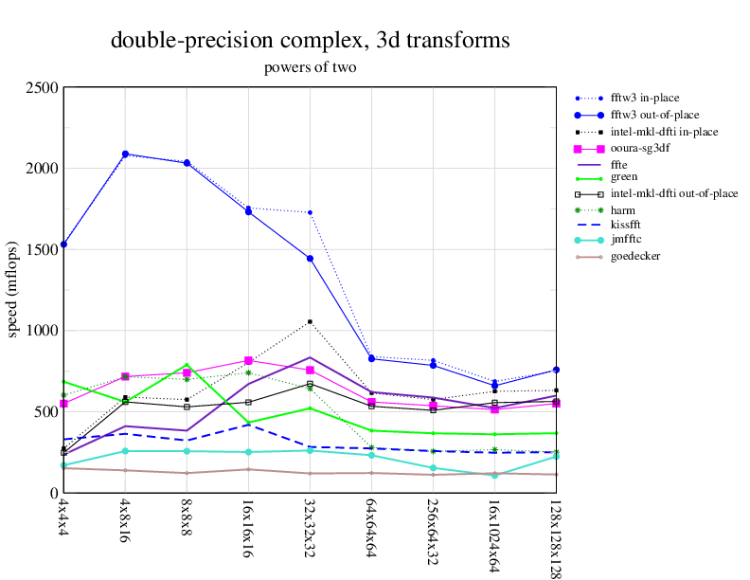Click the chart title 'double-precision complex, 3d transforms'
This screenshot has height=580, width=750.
[x=310, y=41]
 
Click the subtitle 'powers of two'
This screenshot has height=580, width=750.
[x=310, y=68]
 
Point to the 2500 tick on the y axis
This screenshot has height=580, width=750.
[x=43, y=88]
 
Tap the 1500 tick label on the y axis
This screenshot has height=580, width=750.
[x=43, y=250]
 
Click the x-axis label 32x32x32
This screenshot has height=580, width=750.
[x=310, y=530]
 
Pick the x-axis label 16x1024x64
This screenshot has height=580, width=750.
[x=494, y=535]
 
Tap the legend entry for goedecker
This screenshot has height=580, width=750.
[x=635, y=256]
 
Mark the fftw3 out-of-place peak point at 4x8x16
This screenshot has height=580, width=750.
[x=125, y=154]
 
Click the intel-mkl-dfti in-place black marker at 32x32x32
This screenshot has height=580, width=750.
[x=310, y=322]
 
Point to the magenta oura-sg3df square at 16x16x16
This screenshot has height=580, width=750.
[x=248, y=360]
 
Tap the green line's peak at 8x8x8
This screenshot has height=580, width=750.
[x=187, y=365]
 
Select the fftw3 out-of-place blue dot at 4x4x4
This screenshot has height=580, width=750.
[x=63, y=245]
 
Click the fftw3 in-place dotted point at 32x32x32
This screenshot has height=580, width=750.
[x=310, y=212]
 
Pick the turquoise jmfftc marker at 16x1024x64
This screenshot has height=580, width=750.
[x=494, y=475]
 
